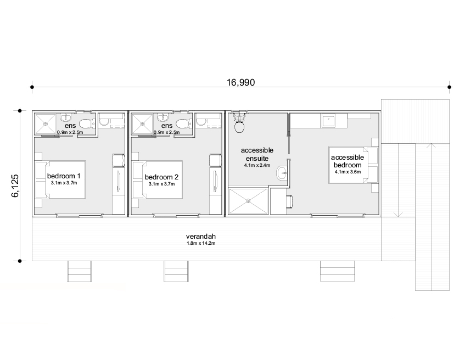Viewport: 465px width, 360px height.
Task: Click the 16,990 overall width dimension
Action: [240, 82]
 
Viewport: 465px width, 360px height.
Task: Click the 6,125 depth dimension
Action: [15, 185]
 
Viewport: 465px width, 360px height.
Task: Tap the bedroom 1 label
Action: [64, 176]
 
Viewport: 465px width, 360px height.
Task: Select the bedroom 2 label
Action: [161, 177]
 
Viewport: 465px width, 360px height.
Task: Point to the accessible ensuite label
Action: [257, 154]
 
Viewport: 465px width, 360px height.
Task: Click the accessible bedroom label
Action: [348, 161]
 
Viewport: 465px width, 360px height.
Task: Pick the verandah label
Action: [201, 237]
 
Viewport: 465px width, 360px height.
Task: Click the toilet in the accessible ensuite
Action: [239, 122]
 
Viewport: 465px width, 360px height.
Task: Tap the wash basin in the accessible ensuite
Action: [282, 173]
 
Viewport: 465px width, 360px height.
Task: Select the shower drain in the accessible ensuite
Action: [248, 201]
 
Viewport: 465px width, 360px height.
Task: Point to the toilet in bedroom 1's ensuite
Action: [87, 123]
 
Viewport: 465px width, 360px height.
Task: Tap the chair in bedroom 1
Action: [118, 160]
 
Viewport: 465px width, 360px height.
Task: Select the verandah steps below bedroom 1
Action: [79, 271]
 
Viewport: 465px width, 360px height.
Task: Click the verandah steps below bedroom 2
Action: [176, 271]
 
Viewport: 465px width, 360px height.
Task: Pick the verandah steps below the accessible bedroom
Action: [337, 271]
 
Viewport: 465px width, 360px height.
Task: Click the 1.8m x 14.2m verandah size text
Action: [201, 244]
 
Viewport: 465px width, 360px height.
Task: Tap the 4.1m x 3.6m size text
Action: [348, 172]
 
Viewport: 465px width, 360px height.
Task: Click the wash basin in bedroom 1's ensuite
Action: [65, 118]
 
